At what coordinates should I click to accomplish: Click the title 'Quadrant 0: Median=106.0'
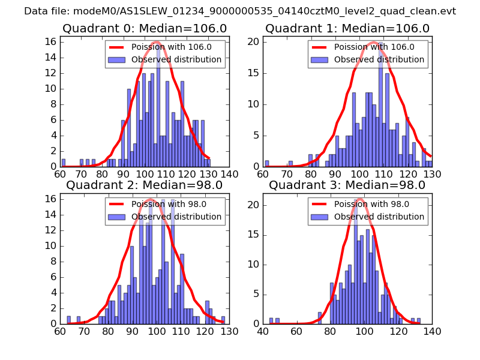coord(145,28)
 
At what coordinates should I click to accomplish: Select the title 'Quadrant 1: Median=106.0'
coord(347,28)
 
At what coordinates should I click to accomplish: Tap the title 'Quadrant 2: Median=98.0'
coord(145,185)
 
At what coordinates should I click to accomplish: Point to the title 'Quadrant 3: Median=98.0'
coord(347,185)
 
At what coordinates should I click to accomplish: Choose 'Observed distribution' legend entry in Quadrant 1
coord(379,60)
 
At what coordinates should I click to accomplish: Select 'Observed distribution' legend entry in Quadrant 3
coord(379,217)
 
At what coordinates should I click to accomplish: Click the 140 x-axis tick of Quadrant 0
coord(229,175)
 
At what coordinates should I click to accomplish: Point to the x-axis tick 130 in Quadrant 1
coord(432,175)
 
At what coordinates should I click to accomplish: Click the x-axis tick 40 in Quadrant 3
coord(263,331)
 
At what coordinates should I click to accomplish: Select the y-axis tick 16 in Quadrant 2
coord(50,199)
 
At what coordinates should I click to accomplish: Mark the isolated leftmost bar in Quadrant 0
coord(64,163)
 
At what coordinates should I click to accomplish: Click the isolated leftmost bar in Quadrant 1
coord(267,164)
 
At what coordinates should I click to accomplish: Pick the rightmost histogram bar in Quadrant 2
coord(223,320)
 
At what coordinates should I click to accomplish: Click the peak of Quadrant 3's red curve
coord(359,198)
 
